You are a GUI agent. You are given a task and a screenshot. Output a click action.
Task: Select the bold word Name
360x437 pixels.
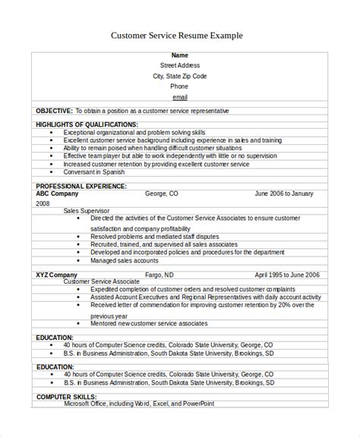click(x=179, y=55)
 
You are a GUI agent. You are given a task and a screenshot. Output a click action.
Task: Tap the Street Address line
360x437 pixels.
click(x=179, y=66)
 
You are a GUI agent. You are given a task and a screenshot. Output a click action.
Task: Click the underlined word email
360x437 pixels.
click(x=179, y=98)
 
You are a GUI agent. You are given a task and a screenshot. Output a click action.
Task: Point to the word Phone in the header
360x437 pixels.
click(x=179, y=87)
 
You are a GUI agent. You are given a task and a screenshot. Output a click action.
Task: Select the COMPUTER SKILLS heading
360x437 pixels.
click(x=65, y=395)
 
